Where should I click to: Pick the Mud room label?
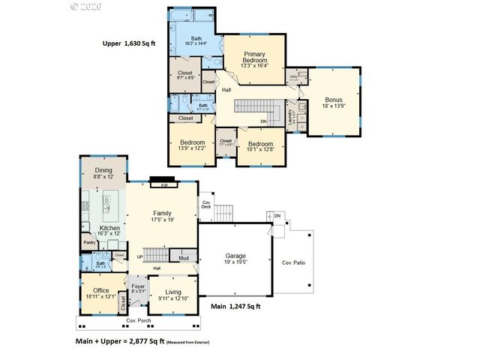click(183, 257)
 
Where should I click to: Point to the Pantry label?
click(89, 242)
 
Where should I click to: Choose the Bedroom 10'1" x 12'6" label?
click(260, 147)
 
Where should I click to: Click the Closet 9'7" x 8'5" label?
click(184, 75)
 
